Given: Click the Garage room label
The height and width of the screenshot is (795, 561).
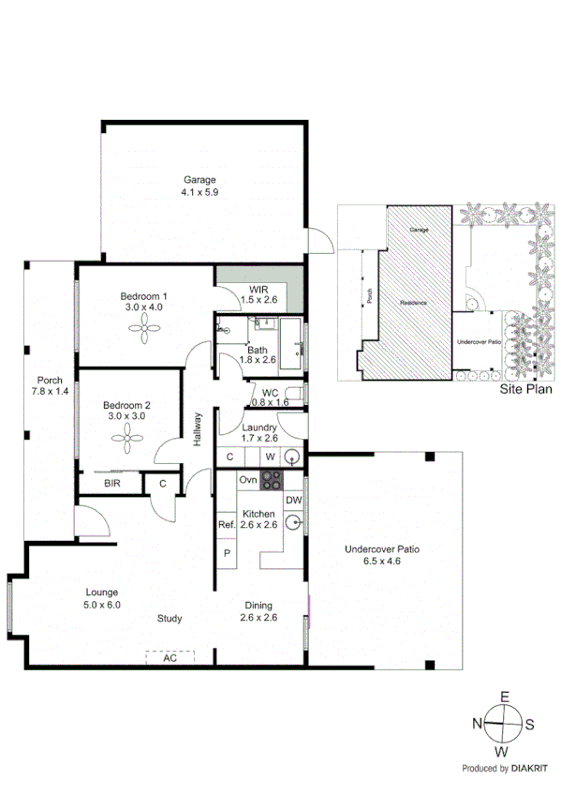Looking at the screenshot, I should (199, 180).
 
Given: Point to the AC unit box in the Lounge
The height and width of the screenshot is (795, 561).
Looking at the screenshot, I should (170, 658).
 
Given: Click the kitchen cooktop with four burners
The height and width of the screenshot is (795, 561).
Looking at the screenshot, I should (272, 481).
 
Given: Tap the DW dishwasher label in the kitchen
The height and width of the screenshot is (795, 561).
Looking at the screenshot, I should (293, 501).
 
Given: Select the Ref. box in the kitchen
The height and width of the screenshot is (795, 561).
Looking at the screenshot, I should (226, 526).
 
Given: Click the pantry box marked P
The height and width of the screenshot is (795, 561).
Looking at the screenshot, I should (226, 554).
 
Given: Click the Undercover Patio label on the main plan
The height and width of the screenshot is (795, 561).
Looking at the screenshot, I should (386, 549).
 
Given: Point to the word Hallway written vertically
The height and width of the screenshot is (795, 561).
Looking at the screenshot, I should (198, 430).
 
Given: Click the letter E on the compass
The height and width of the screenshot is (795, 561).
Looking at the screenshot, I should (503, 697).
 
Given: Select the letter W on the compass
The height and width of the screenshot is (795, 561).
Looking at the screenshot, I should (503, 751).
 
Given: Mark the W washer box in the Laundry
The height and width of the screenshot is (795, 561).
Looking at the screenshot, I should (269, 457).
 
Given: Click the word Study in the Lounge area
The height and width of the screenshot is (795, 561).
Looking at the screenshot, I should (169, 619).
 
